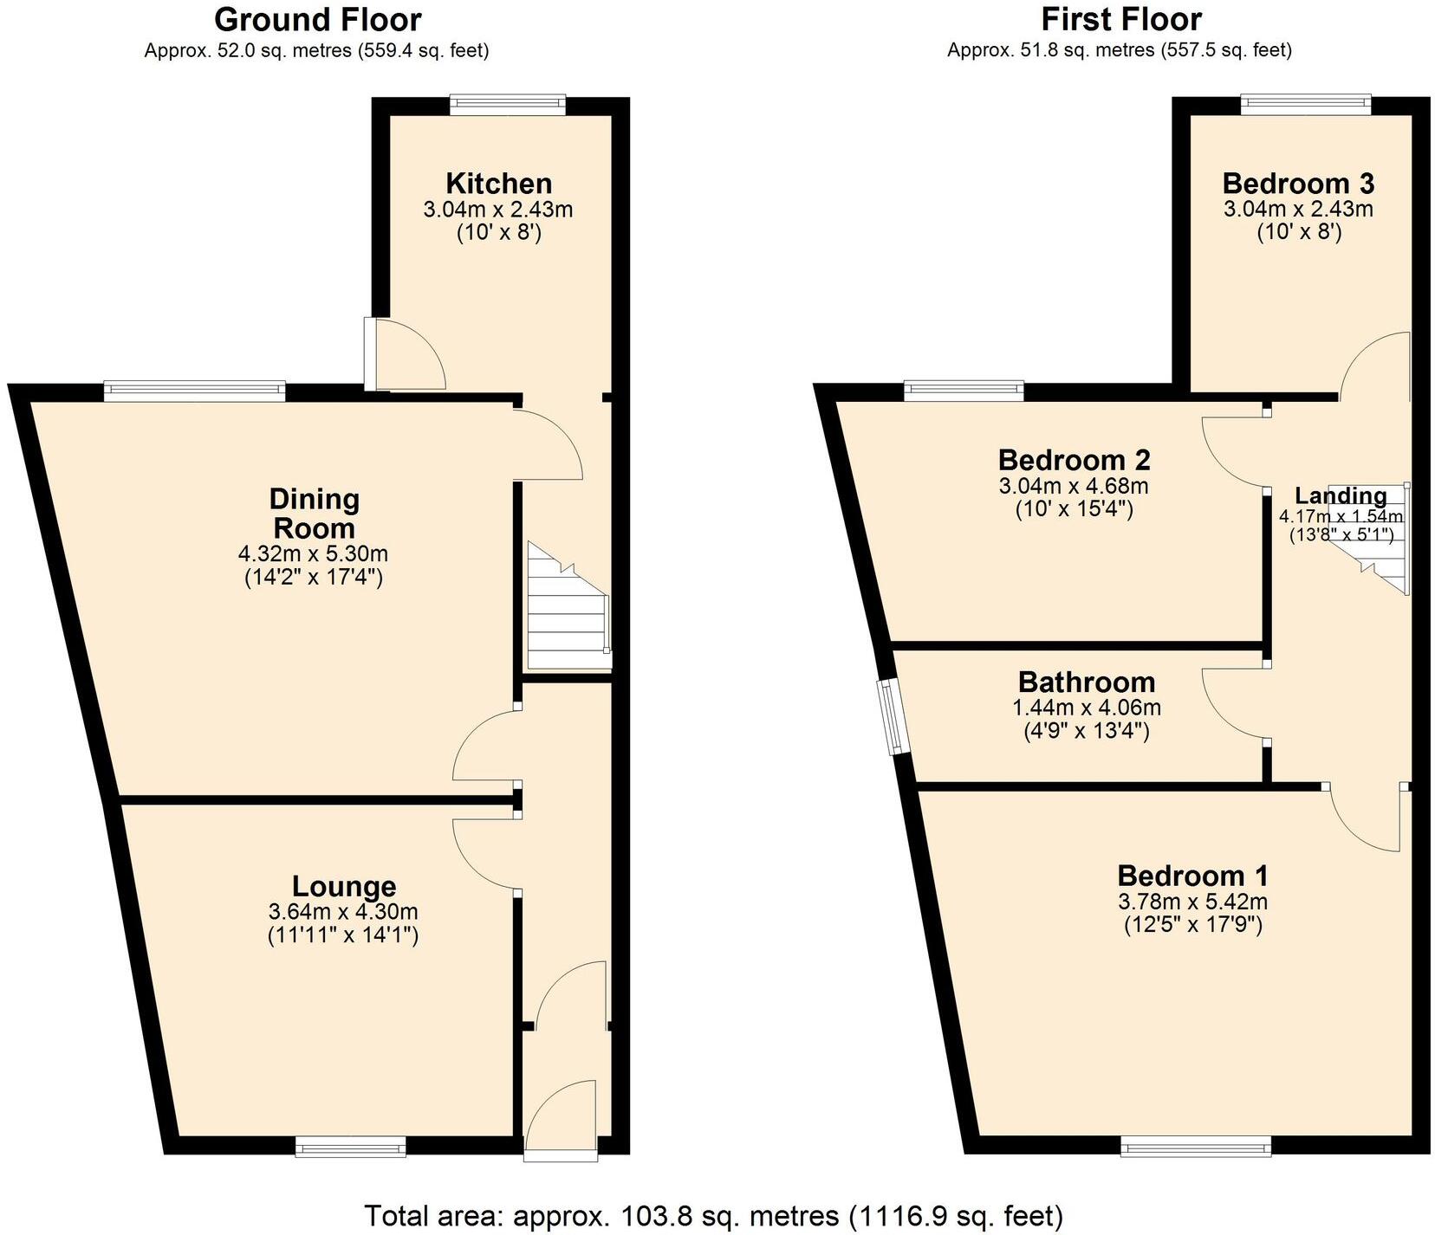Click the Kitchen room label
[498, 184]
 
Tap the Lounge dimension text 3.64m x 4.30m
[343, 912]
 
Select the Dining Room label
[313, 514]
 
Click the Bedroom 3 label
[1298, 184]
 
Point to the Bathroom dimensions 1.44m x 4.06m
[1087, 708]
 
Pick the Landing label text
[1340, 496]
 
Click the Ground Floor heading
[317, 19]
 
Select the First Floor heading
[1121, 19]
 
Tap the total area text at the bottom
[713, 1216]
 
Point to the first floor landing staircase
[1373, 539]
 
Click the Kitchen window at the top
[508, 106]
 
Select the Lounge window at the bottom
[350, 1148]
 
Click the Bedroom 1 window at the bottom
[1196, 1148]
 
